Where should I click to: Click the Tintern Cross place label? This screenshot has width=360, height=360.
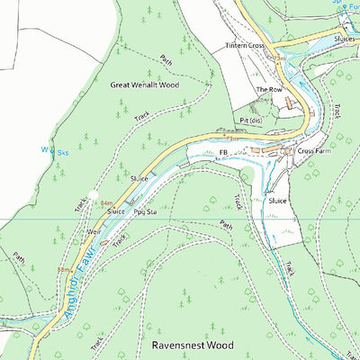[245, 45]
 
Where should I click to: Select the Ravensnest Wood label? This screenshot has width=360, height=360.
[186, 345]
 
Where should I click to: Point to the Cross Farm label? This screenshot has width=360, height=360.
[316, 151]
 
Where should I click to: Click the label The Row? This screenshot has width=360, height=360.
[268, 90]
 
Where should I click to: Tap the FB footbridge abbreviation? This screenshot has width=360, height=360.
[223, 153]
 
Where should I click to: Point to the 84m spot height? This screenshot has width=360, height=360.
[107, 204]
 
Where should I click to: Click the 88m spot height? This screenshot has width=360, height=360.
[64, 269]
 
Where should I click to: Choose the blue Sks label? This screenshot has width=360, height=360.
[63, 153]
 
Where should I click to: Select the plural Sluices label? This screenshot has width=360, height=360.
[346, 40]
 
